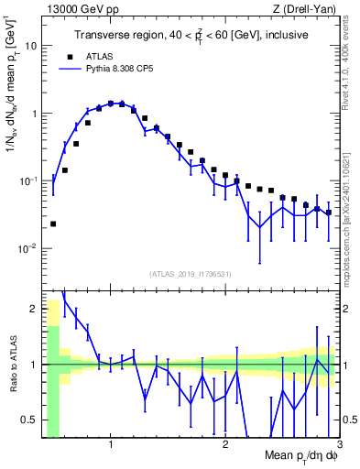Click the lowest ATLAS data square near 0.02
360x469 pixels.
click(53, 224)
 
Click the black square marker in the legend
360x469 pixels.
click(69, 56)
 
